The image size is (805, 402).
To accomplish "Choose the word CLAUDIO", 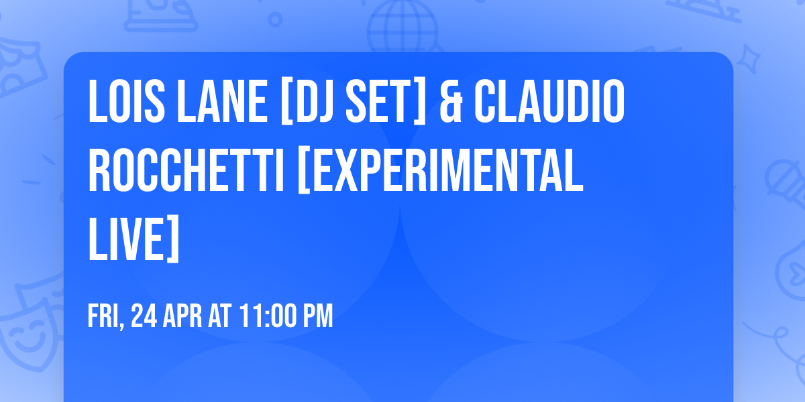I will [549, 102].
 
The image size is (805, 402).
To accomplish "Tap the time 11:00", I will [268, 316].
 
